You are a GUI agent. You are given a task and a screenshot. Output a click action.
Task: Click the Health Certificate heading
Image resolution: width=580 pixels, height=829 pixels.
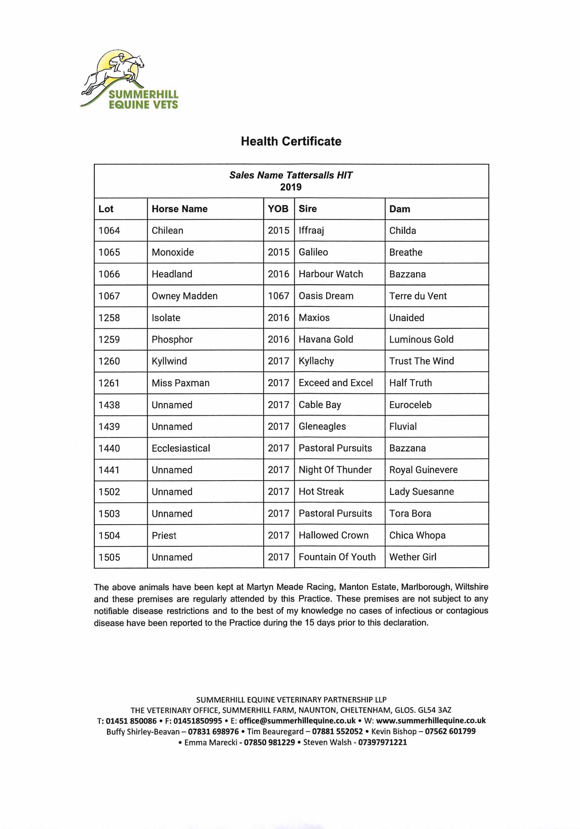(291, 141)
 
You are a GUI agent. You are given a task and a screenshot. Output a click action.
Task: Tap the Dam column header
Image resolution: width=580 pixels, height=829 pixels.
(400, 209)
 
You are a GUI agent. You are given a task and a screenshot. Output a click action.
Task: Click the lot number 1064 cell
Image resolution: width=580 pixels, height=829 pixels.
(109, 230)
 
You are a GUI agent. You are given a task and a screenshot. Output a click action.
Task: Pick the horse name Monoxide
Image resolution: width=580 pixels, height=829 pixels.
(173, 252)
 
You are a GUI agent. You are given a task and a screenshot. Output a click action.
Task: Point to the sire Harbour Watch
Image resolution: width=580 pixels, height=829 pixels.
(331, 274)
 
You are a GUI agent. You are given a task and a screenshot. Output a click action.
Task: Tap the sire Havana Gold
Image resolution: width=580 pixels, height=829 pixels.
(326, 339)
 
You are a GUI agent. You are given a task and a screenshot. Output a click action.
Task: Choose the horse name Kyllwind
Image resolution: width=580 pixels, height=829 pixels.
(169, 361)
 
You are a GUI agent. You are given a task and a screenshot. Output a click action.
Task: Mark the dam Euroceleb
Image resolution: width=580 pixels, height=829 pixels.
(410, 405)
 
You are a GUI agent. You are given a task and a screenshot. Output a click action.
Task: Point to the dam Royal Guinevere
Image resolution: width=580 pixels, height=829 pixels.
(423, 470)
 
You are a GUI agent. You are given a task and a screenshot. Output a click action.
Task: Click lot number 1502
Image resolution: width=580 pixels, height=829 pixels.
(109, 492)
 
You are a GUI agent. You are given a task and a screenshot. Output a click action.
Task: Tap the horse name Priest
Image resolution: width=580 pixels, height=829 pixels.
(164, 535)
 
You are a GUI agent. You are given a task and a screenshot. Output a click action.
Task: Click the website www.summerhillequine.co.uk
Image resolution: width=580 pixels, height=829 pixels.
(431, 721)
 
